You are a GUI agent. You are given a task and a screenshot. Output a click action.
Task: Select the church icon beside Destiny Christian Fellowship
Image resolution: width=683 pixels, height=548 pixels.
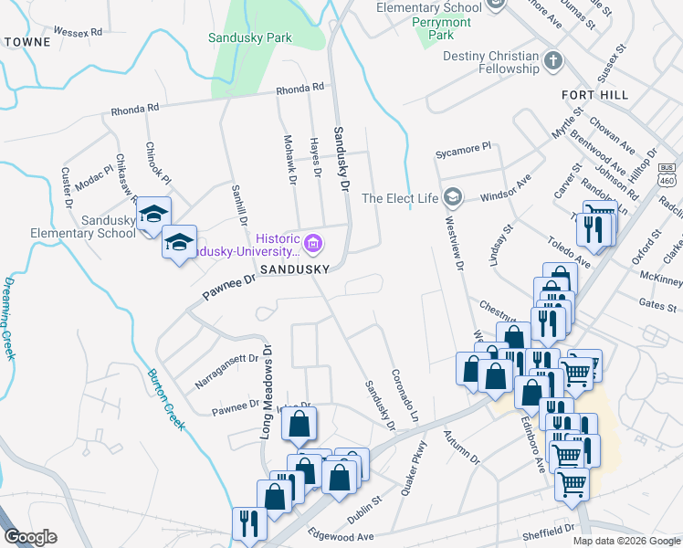[552, 62]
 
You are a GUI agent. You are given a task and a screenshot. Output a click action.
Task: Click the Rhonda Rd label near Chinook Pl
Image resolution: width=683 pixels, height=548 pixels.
[135, 108]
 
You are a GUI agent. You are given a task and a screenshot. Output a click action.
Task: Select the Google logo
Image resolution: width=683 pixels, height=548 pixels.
[30, 537]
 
